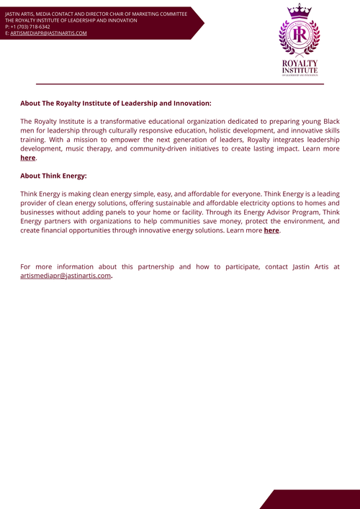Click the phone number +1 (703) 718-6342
tap(30, 27)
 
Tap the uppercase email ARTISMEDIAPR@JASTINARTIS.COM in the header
tap(48, 33)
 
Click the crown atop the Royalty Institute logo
tap(298, 11)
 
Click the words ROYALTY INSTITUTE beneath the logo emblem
tap(298, 66)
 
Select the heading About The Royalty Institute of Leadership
tap(115, 103)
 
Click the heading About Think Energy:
tap(53, 176)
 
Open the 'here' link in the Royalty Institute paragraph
tap(27, 158)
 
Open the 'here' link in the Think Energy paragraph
tap(271, 230)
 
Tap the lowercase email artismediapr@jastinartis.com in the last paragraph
tap(66, 276)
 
